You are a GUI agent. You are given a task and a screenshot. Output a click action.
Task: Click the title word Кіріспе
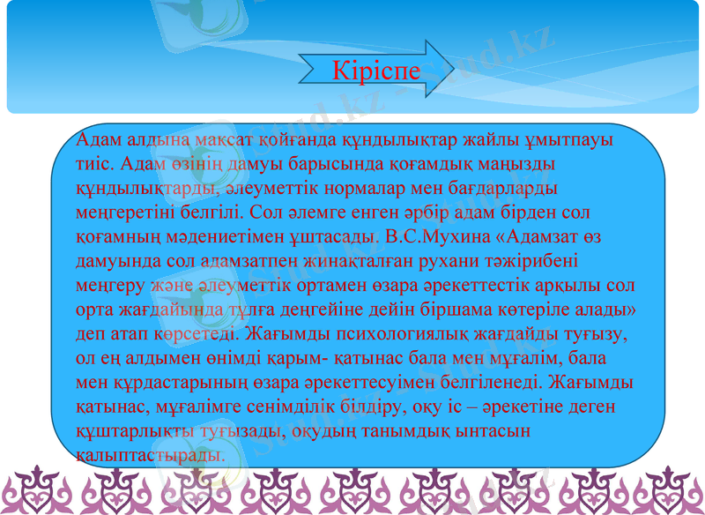pos(377,71)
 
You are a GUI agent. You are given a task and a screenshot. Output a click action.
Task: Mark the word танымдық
pos(429,433)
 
